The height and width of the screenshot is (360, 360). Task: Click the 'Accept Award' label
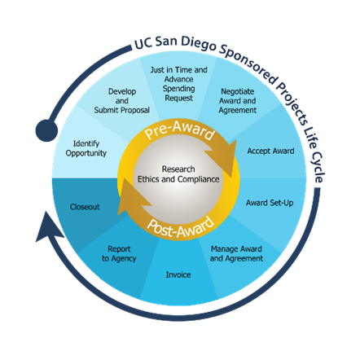coord(270,151)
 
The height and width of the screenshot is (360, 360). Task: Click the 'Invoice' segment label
coord(178,274)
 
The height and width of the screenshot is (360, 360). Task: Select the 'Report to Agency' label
coord(120,253)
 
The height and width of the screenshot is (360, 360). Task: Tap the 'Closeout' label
coord(85,207)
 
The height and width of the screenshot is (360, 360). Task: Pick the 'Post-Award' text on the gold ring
coord(181,226)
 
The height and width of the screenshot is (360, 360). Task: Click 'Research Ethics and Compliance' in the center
coord(178,174)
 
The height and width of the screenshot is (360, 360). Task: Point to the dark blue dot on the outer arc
coord(46,130)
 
